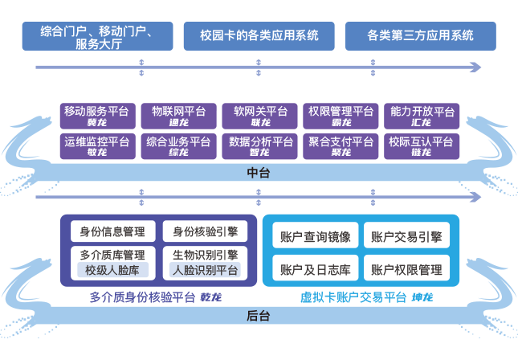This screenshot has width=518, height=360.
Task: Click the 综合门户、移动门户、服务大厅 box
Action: click(97, 37)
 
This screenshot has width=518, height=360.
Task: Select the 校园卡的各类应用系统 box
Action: click(259, 36)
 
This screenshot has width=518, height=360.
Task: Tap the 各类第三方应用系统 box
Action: click(420, 36)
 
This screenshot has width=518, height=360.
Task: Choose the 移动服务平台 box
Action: click(96, 117)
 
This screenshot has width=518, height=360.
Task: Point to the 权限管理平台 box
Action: click(341, 117)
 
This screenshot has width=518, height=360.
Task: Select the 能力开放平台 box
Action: click(422, 117)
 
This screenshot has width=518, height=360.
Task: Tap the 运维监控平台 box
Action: click(96, 145)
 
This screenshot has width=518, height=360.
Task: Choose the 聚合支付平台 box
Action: click(341, 145)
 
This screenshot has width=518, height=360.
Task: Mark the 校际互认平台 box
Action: click(422, 145)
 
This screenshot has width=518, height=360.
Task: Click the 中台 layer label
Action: click(259, 173)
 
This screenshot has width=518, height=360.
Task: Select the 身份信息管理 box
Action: click(112, 232)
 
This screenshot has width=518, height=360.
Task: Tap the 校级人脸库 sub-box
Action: click(112, 271)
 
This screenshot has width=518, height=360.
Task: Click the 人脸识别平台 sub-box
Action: click(205, 271)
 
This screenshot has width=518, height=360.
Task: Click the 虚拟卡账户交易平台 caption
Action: click(353, 297)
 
